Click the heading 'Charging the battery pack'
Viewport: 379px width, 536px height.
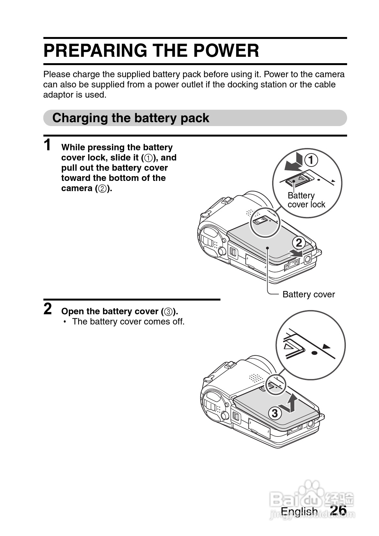[x=130, y=118]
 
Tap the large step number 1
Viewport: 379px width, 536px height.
[x=48, y=145]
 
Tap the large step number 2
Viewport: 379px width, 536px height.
[x=48, y=309]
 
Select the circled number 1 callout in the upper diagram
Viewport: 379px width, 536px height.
[x=311, y=160]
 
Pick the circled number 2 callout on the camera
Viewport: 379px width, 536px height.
[x=299, y=243]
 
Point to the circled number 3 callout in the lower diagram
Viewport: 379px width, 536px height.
[x=275, y=413]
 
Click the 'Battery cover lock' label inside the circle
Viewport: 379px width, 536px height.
[x=306, y=200]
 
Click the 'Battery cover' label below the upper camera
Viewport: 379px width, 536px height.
[x=308, y=294]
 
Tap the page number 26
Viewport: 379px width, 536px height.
[x=338, y=510]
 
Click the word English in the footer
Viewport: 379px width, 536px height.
[x=299, y=511]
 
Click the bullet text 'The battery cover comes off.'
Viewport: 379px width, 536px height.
[x=128, y=321]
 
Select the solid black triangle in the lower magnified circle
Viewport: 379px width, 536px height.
[x=326, y=346]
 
